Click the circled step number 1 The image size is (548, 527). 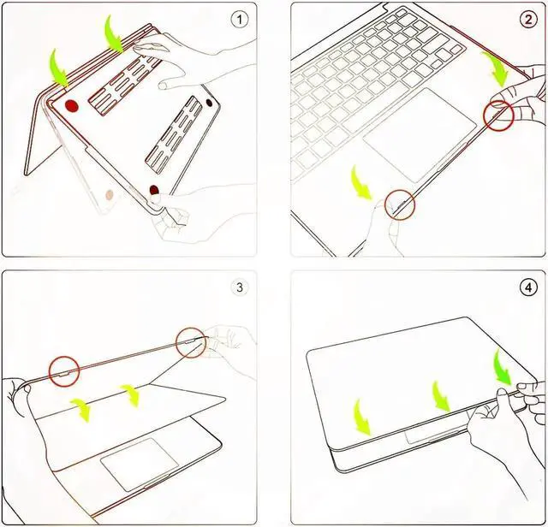(240, 20)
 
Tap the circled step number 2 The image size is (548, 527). (528, 20)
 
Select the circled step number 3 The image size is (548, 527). (240, 287)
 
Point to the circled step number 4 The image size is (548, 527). (528, 287)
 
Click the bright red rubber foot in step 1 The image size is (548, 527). (71, 106)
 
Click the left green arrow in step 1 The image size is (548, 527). (58, 68)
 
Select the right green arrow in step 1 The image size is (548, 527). (115, 34)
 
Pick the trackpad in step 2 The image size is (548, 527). (420, 135)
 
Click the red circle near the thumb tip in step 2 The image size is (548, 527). (498, 116)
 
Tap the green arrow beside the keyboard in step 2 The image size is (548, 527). (494, 69)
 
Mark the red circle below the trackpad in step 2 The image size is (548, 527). (400, 205)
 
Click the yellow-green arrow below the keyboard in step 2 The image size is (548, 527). (361, 183)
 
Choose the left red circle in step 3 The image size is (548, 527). (64, 371)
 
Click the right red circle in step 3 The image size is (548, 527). (191, 342)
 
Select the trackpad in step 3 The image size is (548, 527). (140, 464)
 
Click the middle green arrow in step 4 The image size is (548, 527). (441, 396)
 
